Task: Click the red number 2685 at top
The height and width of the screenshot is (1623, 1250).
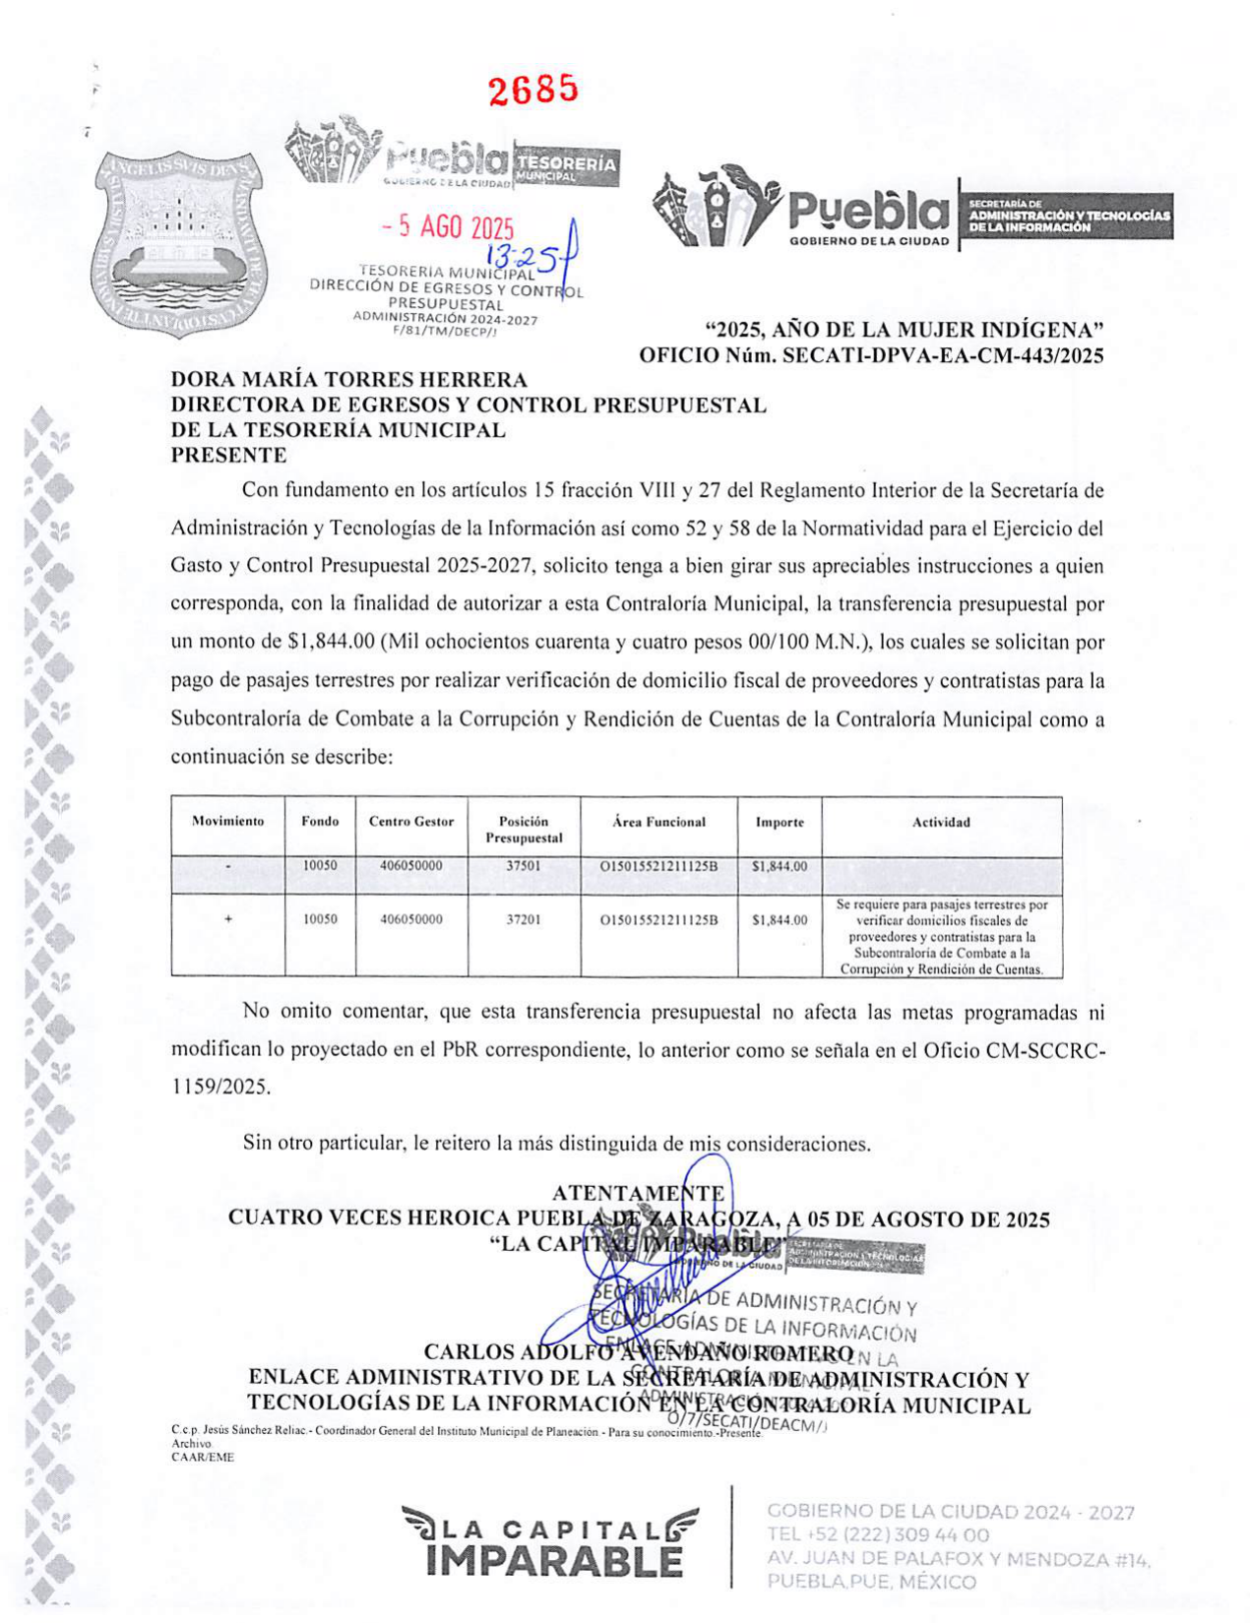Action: click(x=533, y=90)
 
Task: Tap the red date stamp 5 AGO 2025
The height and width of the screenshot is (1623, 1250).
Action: click(x=449, y=227)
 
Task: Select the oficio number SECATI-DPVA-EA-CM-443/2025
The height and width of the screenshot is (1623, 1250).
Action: click(x=942, y=355)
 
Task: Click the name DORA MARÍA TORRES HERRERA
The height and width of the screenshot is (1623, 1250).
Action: click(x=349, y=380)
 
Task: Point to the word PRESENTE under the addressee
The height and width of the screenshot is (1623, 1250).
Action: click(x=228, y=455)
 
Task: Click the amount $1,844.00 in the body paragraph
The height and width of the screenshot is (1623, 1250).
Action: click(x=331, y=643)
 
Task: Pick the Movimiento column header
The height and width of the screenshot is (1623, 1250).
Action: click(x=227, y=822)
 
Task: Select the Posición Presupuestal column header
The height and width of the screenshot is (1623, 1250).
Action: click(x=524, y=830)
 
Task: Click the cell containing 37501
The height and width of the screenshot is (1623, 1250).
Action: click(x=524, y=866)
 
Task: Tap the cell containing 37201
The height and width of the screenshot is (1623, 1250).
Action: click(x=524, y=919)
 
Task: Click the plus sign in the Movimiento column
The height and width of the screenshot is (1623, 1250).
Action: click(x=228, y=919)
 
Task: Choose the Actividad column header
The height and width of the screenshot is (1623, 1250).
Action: click(x=941, y=823)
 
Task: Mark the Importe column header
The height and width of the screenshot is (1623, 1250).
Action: click(x=780, y=823)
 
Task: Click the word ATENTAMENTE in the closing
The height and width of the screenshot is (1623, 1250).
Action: click(x=639, y=1193)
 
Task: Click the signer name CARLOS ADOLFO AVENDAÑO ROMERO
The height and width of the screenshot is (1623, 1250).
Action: click(x=638, y=1352)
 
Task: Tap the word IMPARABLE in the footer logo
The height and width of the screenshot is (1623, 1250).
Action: click(x=554, y=1562)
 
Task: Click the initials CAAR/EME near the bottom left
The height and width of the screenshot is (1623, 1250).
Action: click(x=203, y=1458)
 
